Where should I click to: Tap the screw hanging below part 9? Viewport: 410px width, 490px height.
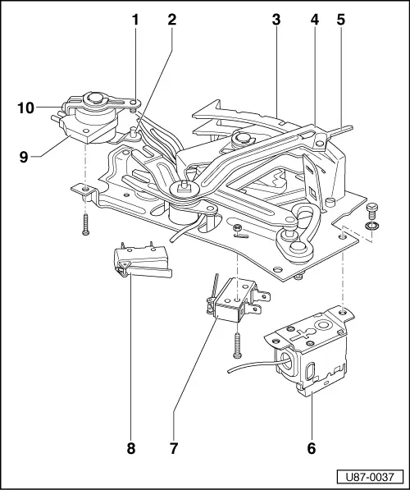coord(84,222)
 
